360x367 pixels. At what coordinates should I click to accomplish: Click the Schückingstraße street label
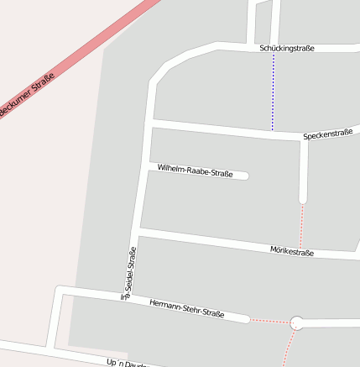(287, 49)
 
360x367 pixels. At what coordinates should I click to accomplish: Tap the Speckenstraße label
(327, 134)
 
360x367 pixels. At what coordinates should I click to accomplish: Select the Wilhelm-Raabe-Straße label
(195, 171)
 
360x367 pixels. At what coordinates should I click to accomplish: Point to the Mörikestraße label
(292, 251)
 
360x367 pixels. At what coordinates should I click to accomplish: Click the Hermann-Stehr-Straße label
(186, 308)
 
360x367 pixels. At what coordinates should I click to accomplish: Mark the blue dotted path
(273, 92)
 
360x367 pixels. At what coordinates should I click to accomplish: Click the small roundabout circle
(296, 322)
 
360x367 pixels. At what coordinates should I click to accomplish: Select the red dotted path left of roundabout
(269, 321)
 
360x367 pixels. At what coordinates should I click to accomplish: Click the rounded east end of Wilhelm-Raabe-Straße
(245, 176)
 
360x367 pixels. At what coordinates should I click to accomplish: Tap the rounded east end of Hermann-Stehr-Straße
(246, 319)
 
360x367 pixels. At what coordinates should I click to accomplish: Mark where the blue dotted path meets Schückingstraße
(273, 50)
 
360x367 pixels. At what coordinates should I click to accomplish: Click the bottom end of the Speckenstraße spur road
(303, 200)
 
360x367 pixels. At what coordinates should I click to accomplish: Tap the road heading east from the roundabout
(331, 323)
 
